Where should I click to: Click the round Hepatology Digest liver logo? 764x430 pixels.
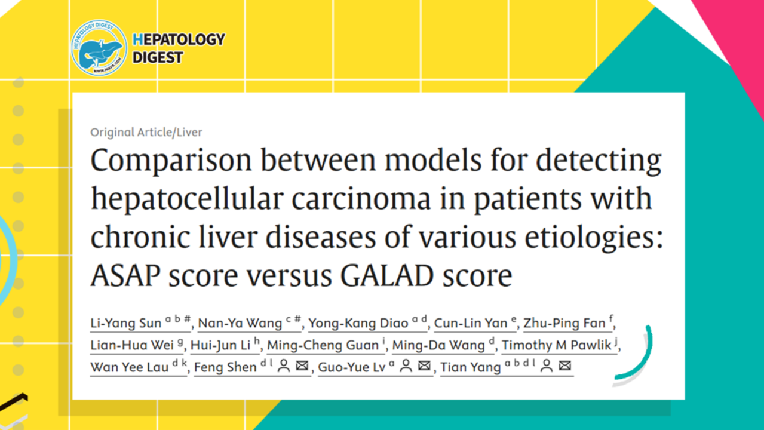pos(99,48)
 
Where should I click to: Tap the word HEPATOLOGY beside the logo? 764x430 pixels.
pos(179,39)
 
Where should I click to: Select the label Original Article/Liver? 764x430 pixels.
pos(146,132)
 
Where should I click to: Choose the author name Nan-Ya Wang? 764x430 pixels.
pos(240,323)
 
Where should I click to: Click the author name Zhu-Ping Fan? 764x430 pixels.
pos(564,323)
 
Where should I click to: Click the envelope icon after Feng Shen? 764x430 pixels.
pos(302,365)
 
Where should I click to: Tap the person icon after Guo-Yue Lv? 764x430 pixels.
pos(406,366)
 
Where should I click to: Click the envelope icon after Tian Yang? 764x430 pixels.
pos(564,365)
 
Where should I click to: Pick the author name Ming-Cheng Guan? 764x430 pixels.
pos(323,345)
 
